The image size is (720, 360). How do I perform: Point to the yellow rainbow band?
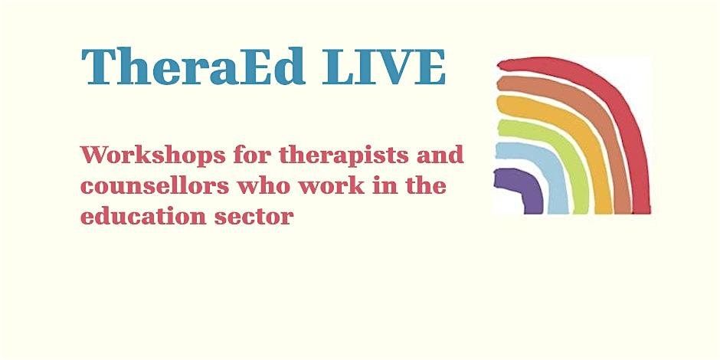coord(582,129)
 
